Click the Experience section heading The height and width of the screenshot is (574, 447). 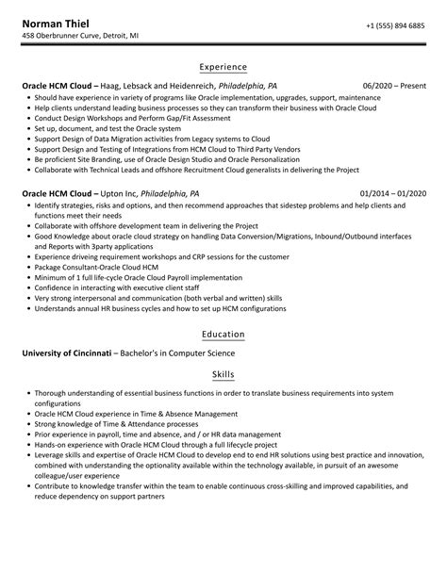(x=223, y=67)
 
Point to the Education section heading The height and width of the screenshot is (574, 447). (x=223, y=335)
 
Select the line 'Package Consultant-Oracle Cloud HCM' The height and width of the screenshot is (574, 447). (x=100, y=268)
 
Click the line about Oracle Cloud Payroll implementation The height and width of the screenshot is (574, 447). (x=142, y=278)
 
